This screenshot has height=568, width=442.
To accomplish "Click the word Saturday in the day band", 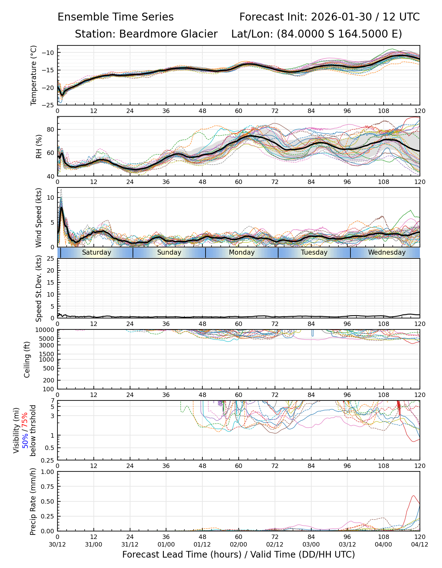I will point(97,252).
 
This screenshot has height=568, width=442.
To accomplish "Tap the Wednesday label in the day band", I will point(387,252).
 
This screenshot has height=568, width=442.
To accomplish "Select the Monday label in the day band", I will point(242,252).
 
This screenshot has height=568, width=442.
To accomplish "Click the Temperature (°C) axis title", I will point(34,75).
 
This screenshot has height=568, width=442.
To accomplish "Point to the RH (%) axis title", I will point(39,146).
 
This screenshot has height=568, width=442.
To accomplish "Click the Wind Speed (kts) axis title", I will point(39,217).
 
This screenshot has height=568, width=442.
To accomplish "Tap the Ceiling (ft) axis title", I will point(27,359).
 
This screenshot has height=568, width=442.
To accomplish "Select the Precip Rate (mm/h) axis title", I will point(33,501).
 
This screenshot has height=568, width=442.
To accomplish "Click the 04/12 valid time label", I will point(420,545).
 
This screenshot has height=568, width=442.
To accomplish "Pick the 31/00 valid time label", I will point(94,545).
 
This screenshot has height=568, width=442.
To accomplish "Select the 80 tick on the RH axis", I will point(50,129).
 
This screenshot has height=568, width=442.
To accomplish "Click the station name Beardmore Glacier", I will point(168,34).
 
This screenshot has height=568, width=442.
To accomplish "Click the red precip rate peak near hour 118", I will point(414,496).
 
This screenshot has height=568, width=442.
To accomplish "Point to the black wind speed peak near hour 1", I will point(62,207).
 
